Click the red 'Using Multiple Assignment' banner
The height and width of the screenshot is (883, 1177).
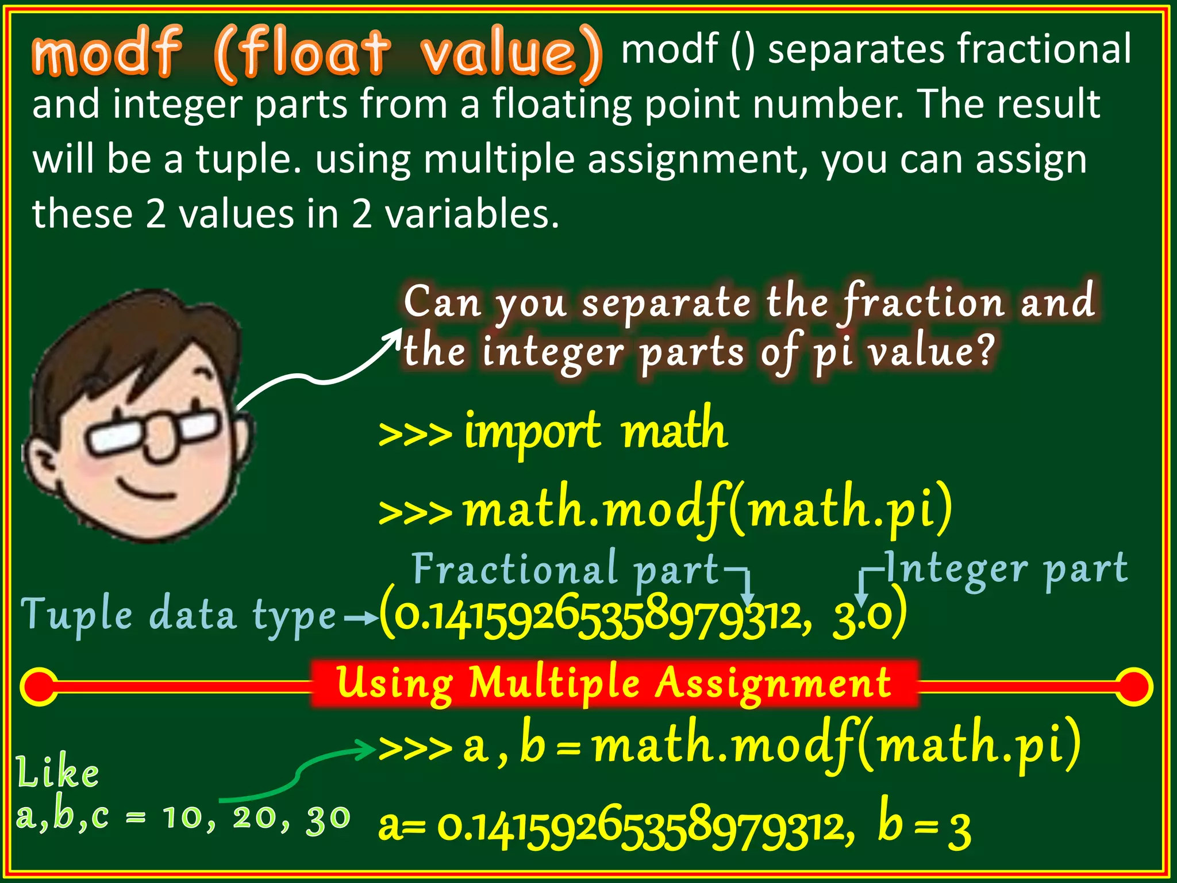pos(614,683)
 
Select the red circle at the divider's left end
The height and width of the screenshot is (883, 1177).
pos(39,686)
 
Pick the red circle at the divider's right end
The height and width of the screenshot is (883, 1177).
pos(1133,686)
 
